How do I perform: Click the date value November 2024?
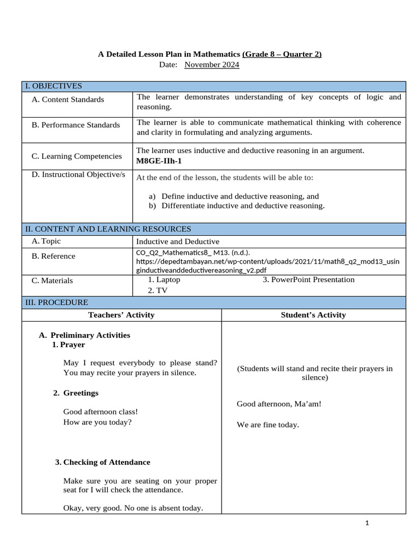(x=212, y=65)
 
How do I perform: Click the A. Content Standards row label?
(x=67, y=100)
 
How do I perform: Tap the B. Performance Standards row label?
(x=75, y=125)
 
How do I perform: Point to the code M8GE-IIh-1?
(x=159, y=161)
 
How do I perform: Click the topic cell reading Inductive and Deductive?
(x=178, y=241)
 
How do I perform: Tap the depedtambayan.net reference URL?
(x=267, y=261)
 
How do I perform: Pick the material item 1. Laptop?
(x=164, y=279)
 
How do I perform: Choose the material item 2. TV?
(x=157, y=290)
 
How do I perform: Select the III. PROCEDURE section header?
(x=56, y=302)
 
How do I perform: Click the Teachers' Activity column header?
(x=121, y=314)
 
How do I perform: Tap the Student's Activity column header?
(x=313, y=314)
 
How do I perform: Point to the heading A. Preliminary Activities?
(x=85, y=335)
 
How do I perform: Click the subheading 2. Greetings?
(x=76, y=393)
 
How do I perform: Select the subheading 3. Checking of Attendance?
(x=103, y=462)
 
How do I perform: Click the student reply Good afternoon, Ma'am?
(x=279, y=404)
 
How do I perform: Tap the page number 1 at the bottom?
(x=367, y=523)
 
